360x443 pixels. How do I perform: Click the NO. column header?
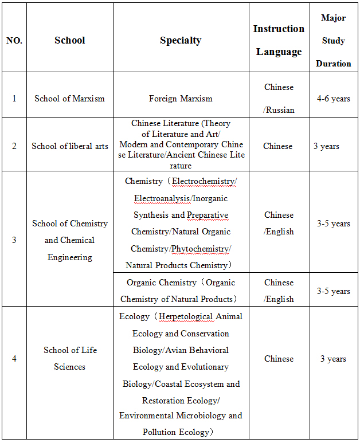14,41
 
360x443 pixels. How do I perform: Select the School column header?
69,40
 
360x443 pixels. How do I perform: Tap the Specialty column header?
181,40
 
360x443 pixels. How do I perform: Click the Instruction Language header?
279,40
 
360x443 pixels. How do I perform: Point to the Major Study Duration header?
333,41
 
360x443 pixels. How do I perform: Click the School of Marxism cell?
69,99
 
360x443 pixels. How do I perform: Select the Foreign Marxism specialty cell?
181,99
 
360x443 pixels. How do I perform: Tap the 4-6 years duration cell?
333,99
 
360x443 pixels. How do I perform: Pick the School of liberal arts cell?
69,146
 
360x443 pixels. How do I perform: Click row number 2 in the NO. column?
14,146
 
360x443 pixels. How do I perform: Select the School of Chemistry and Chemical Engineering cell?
69,240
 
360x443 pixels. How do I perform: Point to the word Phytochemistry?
200,249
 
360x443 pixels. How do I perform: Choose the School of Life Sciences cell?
69,358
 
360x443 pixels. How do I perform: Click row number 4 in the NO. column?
14,359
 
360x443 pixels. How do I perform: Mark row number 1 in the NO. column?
14,99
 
